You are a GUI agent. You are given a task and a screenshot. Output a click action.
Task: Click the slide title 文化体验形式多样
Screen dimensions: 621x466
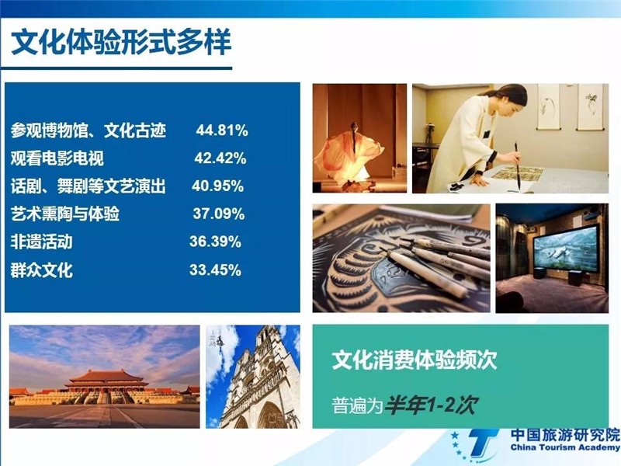point(121,43)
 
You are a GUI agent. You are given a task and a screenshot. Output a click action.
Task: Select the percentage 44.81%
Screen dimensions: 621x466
point(222,130)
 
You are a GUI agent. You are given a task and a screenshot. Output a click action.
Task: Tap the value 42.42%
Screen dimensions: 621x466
point(220,158)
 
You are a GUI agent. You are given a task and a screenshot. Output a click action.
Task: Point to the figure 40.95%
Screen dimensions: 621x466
point(217,186)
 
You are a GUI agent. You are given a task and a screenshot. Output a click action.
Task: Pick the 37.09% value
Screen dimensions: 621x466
point(219,214)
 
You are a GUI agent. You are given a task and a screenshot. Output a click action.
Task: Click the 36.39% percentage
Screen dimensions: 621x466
point(215,242)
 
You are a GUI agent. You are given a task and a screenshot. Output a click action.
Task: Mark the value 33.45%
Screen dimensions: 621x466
point(215,270)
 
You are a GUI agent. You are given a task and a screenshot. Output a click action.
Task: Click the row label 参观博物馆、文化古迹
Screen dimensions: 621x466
point(88,130)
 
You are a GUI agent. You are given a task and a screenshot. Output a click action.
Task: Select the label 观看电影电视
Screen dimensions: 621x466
point(57,158)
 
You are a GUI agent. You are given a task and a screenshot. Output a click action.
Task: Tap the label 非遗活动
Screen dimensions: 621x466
point(42,242)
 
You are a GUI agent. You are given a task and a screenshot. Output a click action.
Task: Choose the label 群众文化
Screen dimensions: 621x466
point(42,270)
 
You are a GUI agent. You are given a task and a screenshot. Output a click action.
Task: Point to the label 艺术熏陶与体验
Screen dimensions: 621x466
point(65,214)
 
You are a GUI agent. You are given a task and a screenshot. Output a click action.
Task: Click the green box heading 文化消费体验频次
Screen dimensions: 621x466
point(415,360)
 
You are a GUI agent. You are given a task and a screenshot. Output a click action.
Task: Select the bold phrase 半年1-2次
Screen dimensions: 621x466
point(431,405)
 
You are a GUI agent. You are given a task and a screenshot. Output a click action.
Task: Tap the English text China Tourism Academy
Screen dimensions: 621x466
point(565,447)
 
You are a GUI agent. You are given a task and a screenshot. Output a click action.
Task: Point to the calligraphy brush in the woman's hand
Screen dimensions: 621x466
point(517,165)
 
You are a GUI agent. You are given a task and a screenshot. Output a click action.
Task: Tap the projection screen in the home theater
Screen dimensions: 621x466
point(565,249)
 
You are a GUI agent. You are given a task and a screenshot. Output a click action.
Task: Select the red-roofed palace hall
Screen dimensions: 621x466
point(106,381)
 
